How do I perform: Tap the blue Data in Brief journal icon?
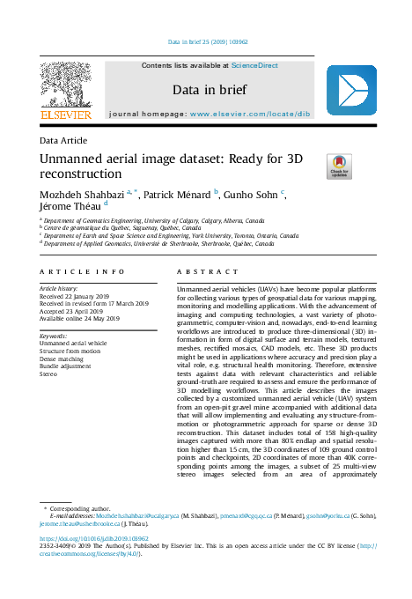coord(351,90)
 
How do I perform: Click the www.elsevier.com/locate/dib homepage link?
coord(250,115)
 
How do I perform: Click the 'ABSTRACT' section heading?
coord(203,273)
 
